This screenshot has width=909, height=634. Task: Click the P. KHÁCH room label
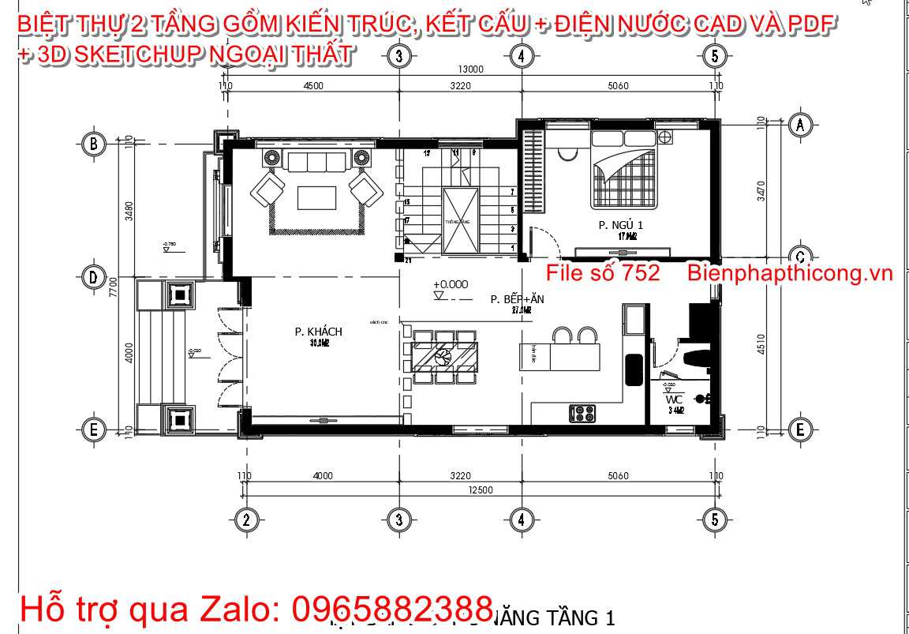tap(318, 332)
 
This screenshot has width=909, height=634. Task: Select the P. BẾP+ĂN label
tap(517, 299)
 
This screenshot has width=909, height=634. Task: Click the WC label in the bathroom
tap(673, 400)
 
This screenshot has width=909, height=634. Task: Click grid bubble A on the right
tap(800, 124)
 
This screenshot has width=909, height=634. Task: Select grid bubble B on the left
tap(94, 144)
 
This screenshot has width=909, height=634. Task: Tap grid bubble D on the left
tap(94, 277)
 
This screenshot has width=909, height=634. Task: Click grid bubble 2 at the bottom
tap(247, 519)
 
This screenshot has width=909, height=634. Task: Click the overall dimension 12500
tap(479, 490)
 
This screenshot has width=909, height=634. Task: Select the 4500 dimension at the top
tap(313, 86)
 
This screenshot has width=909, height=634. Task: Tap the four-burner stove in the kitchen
tap(582, 411)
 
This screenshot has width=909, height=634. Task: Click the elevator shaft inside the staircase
tap(456, 222)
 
